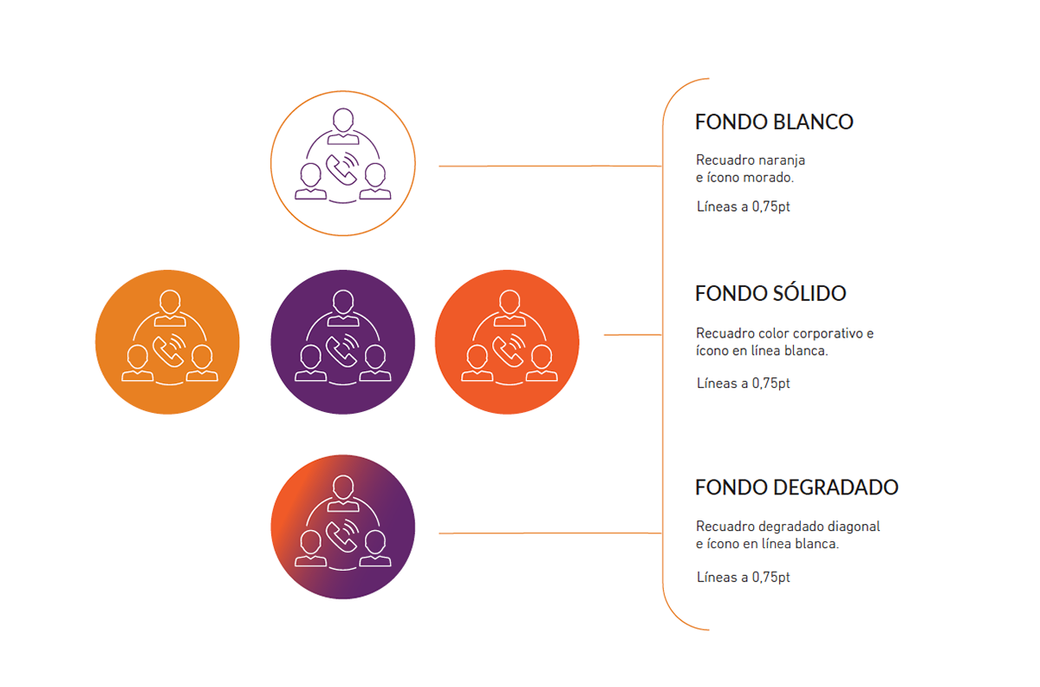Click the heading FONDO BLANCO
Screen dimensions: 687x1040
coord(774,122)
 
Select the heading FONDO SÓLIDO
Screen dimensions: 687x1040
coord(770,294)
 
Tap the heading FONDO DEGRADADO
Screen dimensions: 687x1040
coord(796,487)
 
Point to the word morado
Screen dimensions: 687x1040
coord(770,178)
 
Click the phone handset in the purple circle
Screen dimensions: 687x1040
coord(339,350)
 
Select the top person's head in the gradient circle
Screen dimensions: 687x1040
coord(344,487)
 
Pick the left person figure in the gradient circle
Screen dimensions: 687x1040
coord(310,547)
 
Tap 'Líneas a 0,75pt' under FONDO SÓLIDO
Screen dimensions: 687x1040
coord(744,383)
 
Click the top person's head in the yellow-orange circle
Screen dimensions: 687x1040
coord(169,302)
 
